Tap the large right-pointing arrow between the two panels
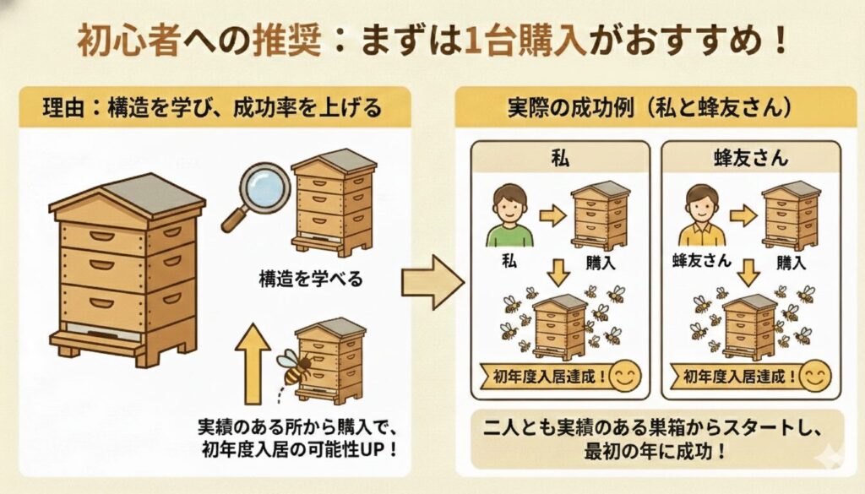[x=432, y=282]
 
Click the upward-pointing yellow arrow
[x=253, y=364]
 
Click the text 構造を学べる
[x=311, y=279]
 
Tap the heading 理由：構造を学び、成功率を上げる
[x=212, y=107]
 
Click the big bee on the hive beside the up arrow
[x=295, y=366]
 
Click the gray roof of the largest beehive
[x=154, y=194]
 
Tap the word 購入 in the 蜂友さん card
[x=792, y=263]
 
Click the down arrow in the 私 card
[x=558, y=273]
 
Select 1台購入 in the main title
[x=525, y=41]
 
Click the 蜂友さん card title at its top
[x=751, y=158]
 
